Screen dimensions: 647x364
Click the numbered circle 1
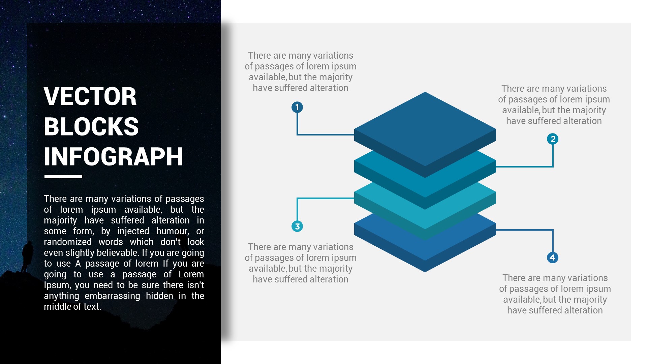coord(297,107)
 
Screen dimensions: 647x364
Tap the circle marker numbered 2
coord(553,139)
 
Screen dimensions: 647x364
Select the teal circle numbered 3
coord(297,226)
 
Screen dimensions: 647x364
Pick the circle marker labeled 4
coord(553,257)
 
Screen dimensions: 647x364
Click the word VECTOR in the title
coord(90,96)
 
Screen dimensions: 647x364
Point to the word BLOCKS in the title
coord(91,126)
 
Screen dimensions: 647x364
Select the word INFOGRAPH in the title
coord(114,156)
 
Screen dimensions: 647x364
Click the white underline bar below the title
coord(63,177)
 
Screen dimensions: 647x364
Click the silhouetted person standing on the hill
coord(27,256)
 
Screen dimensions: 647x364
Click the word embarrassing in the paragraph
coord(112,296)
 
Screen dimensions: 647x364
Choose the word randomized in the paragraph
coord(68,242)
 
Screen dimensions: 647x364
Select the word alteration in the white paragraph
coord(171,220)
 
